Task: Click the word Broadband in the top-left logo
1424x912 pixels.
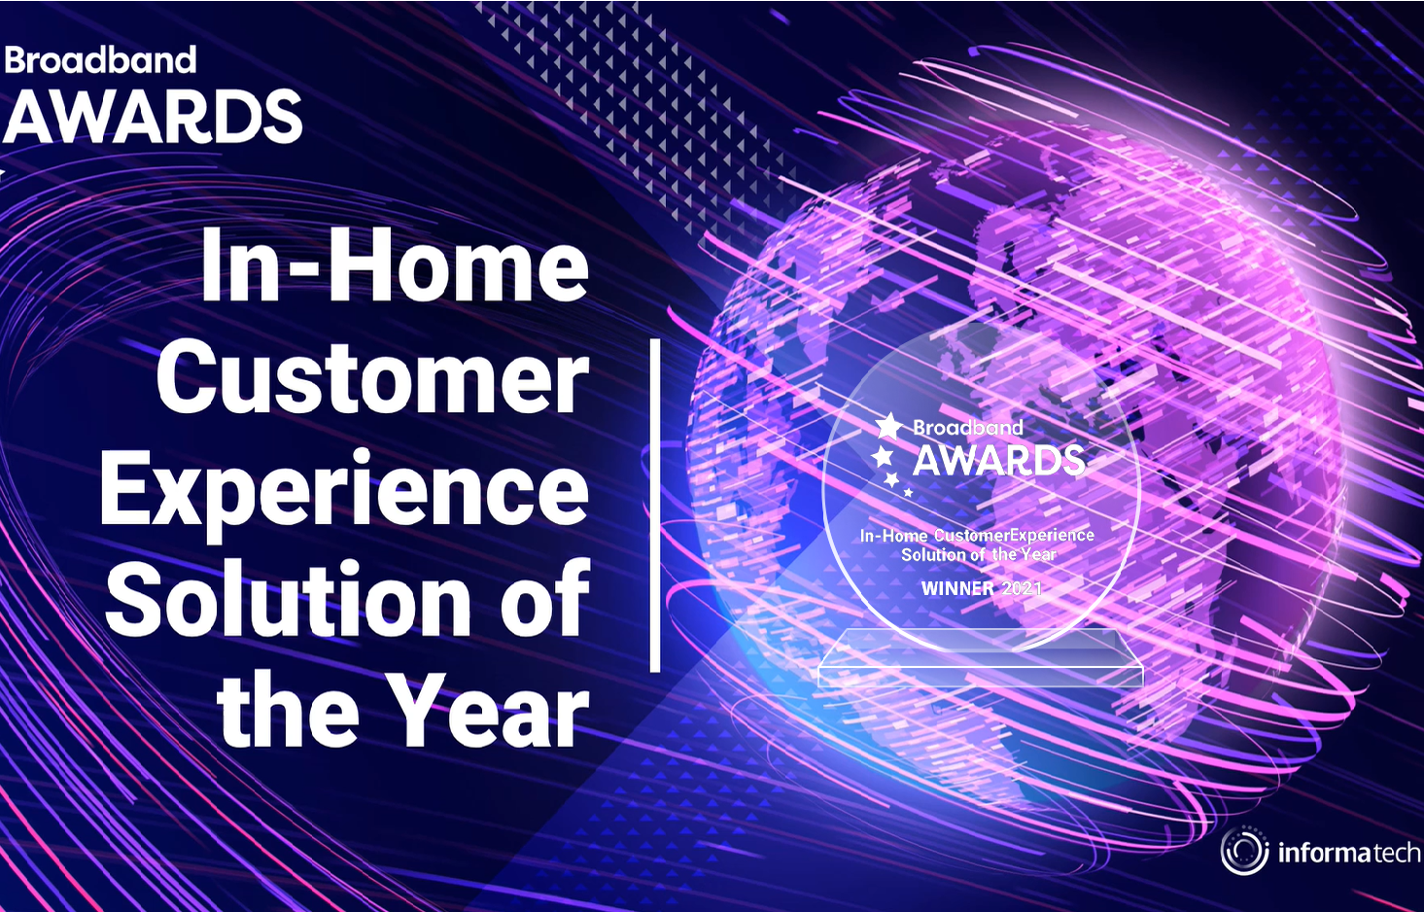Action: tap(100, 60)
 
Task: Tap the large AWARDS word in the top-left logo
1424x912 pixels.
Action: tap(154, 117)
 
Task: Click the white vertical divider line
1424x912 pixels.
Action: tap(655, 506)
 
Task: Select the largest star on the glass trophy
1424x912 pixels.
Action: tap(889, 426)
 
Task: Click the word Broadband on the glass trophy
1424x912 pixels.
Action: tap(968, 428)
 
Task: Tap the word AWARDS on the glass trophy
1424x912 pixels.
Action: tap(998, 461)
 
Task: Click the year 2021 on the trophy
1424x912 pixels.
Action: tap(1023, 588)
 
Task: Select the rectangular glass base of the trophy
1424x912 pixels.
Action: tap(980, 658)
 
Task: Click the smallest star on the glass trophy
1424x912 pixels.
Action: tap(909, 492)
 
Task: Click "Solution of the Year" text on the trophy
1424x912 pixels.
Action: tap(979, 554)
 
